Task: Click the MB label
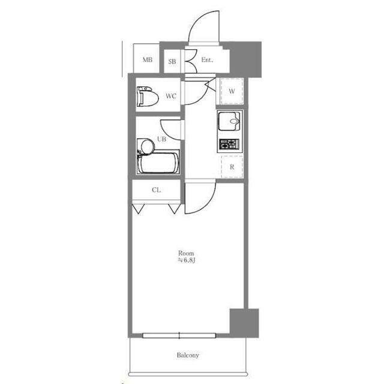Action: point(148,59)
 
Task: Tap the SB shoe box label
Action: point(172,61)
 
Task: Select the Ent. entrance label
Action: point(207,60)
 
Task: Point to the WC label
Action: point(171,96)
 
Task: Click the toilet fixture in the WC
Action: point(148,97)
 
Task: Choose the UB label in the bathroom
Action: point(161,139)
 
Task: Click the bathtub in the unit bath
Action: point(158,163)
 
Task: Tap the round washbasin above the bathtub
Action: point(148,147)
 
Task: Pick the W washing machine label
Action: point(232,91)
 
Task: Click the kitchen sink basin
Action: point(229,121)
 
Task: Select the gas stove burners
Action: point(229,144)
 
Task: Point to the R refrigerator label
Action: point(232,167)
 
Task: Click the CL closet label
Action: point(157,190)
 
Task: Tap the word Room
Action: point(186,253)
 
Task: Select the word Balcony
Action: point(188,355)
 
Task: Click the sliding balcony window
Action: point(179,335)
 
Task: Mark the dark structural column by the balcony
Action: point(244,323)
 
